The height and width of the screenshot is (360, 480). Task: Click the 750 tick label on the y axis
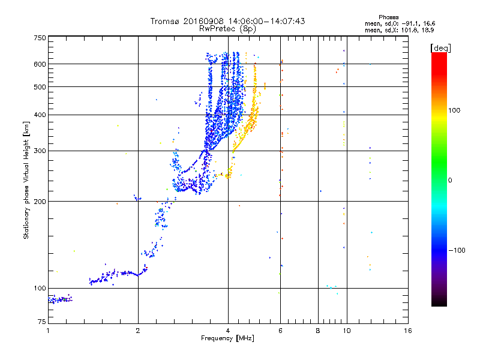pyautogui.click(x=40, y=38)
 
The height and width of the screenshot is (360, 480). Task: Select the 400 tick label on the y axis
pyautogui.click(x=40, y=115)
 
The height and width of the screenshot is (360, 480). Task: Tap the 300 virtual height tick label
pyautogui.click(x=40, y=151)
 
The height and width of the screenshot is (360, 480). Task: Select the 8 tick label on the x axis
pyautogui.click(x=318, y=331)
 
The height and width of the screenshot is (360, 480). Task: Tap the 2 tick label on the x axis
pyautogui.click(x=138, y=331)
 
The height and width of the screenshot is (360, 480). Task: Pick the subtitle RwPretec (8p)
pyautogui.click(x=228, y=28)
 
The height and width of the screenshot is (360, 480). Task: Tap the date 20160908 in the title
pyautogui.click(x=208, y=21)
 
